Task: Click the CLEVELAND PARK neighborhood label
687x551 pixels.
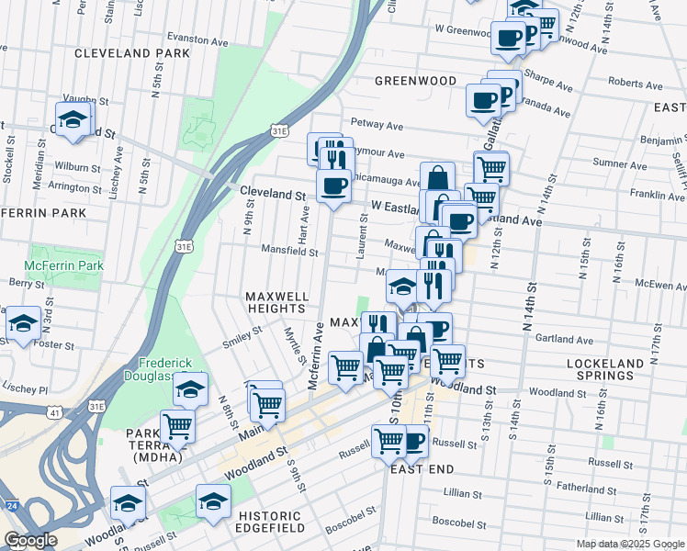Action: point(132,53)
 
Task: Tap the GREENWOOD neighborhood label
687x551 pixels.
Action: point(416,81)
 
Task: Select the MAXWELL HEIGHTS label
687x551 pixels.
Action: point(276,304)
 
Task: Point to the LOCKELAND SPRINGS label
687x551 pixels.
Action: point(605,370)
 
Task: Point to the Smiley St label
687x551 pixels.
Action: point(243,345)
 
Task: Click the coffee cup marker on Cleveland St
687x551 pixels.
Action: point(334,186)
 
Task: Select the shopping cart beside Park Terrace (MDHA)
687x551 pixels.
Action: point(177,425)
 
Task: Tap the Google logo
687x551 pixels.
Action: point(30,540)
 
